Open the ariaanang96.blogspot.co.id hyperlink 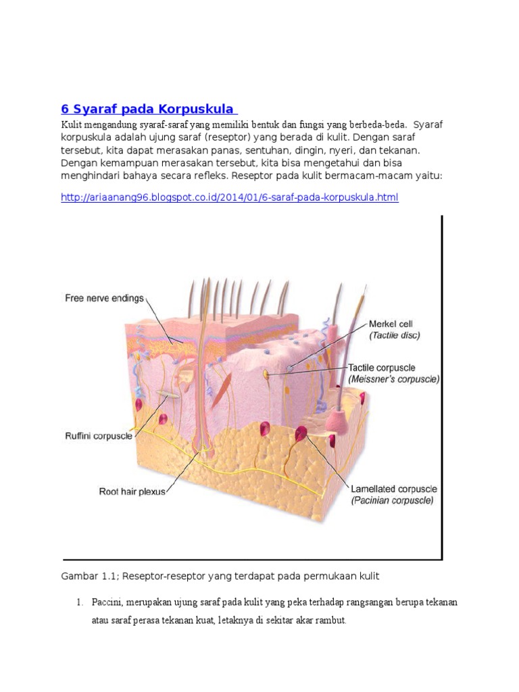click(x=230, y=197)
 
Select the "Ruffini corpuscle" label click(x=99, y=437)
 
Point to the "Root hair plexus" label click(x=132, y=491)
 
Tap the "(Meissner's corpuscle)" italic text click(x=394, y=379)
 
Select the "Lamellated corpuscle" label click(x=394, y=489)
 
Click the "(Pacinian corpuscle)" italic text click(x=393, y=500)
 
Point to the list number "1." click(x=79, y=601)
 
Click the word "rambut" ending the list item click(x=329, y=619)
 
